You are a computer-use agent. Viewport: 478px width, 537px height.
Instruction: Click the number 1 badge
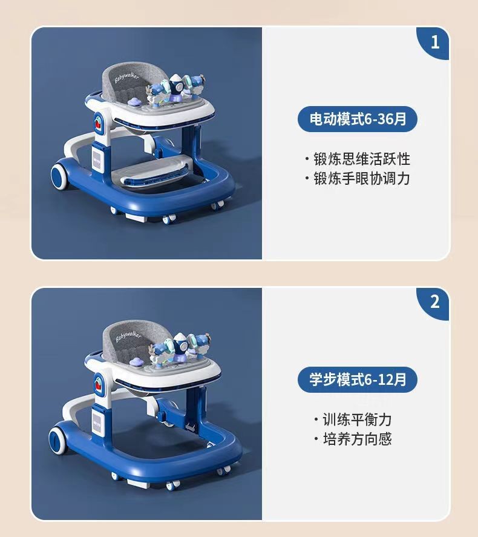coord(434,42)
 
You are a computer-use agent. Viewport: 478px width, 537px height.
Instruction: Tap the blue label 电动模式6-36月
coord(358,119)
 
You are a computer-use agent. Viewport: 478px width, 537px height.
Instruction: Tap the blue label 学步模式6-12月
coord(358,379)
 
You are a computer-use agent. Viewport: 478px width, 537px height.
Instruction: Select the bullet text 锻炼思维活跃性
coord(362,159)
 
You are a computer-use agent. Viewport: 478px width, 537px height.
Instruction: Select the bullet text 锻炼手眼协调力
coord(362,178)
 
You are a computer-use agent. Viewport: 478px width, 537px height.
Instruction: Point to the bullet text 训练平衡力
coord(357,419)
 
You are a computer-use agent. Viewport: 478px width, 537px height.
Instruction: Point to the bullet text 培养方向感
coord(357,439)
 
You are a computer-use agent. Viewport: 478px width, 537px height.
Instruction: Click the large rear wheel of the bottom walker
coord(57,440)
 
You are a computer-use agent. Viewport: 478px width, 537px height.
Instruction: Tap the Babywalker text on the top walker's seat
coord(126,78)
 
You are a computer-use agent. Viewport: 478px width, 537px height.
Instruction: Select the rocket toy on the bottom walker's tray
coord(180,345)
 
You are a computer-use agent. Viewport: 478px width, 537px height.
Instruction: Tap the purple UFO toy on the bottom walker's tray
coord(136,361)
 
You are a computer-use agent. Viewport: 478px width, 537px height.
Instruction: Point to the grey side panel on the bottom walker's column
coord(97,423)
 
